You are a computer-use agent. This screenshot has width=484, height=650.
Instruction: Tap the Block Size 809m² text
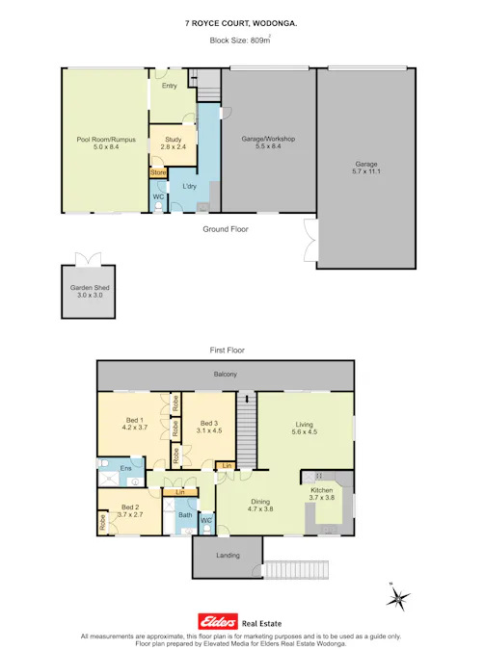click(x=241, y=40)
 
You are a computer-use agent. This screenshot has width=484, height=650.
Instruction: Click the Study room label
click(x=173, y=144)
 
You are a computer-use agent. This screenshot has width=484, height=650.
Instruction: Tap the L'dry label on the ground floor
click(x=190, y=186)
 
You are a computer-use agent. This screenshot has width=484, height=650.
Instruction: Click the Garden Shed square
click(x=87, y=293)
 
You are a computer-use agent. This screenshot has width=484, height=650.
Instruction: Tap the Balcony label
click(x=225, y=374)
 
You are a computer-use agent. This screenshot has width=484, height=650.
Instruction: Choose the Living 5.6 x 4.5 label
click(x=306, y=427)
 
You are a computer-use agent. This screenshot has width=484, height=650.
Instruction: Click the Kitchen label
click(x=321, y=495)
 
